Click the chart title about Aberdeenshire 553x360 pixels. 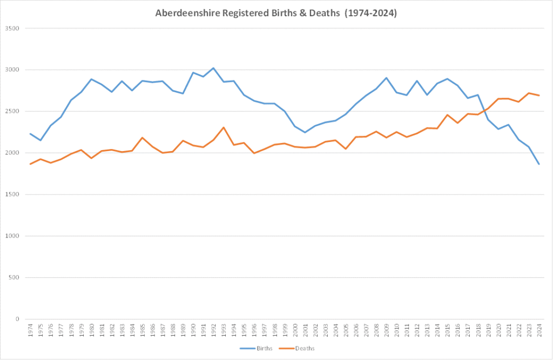click(x=276, y=14)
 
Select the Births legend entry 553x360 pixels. click(x=260, y=348)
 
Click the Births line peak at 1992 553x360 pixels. click(x=213, y=68)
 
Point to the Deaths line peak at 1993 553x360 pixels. click(x=224, y=127)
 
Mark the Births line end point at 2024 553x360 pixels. click(x=538, y=164)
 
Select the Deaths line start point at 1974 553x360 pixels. click(x=30, y=164)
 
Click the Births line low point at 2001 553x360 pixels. click(x=305, y=132)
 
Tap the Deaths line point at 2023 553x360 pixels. click(x=528, y=93)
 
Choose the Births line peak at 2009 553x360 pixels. click(x=386, y=78)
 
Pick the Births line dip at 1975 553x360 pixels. click(x=41, y=140)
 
